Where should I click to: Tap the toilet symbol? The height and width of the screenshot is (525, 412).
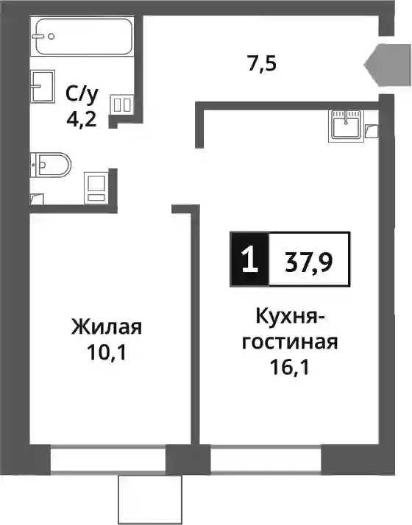tap(51, 165)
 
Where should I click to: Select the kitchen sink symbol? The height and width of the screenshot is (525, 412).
tap(347, 125)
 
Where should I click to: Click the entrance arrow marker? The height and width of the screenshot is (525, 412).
tap(388, 65)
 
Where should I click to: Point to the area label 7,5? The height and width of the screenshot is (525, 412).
tap(262, 64)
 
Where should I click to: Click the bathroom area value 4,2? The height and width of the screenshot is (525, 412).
tap(82, 118)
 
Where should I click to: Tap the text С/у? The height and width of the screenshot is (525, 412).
tap(82, 96)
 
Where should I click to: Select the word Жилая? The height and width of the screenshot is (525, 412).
tap(107, 326)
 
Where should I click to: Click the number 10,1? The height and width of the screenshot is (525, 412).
tap(107, 352)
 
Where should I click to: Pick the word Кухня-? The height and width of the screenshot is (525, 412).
tap(290, 316)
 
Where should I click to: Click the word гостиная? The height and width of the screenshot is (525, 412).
tap(290, 342)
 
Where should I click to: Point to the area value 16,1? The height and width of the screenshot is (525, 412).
tap(290, 368)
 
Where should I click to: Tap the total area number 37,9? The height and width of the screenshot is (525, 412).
tap(309, 262)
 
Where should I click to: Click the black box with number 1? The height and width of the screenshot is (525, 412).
tap(249, 259)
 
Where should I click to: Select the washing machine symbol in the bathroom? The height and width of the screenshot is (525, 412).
tap(96, 187)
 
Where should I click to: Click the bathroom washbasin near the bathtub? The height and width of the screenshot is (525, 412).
tap(42, 86)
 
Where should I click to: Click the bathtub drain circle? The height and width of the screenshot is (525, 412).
tap(51, 36)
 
